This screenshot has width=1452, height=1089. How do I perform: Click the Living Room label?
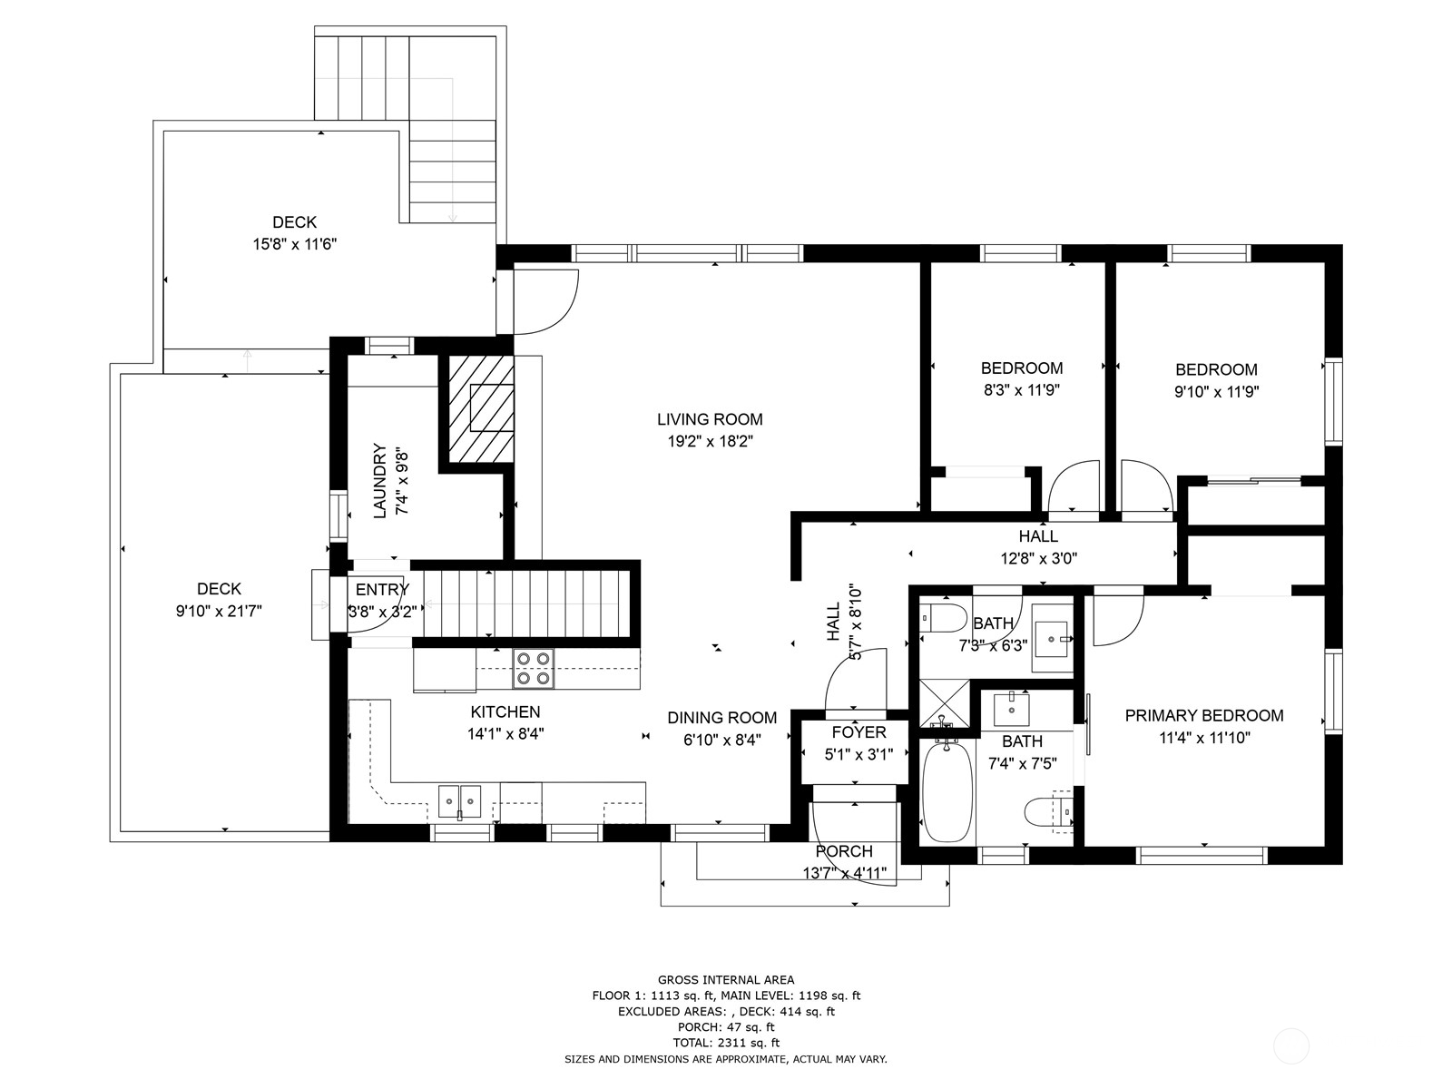click(710, 419)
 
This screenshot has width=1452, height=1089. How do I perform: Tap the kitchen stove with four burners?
click(534, 669)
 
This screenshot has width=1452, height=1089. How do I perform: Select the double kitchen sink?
click(459, 801)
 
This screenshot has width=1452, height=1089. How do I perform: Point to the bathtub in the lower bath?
click(947, 792)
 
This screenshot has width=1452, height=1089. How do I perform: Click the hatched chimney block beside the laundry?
click(481, 408)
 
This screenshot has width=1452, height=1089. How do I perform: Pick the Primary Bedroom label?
click(1204, 715)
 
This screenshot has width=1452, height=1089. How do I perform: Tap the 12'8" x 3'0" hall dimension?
click(1038, 559)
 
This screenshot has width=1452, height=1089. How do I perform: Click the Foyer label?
click(858, 732)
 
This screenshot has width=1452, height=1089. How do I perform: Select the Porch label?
click(844, 851)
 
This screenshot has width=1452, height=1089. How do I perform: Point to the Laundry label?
click(379, 481)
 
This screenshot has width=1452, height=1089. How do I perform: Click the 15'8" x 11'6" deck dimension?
click(294, 245)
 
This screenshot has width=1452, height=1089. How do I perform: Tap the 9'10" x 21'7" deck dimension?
click(219, 611)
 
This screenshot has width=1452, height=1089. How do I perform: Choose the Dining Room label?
click(721, 718)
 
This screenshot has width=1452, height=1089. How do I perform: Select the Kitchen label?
click(505, 711)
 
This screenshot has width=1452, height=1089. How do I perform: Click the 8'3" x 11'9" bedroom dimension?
click(1022, 390)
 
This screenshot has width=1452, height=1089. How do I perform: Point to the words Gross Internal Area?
click(726, 980)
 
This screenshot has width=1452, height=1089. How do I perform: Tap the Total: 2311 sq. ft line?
click(726, 1043)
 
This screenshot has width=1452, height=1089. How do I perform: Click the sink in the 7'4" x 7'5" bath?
click(1012, 709)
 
